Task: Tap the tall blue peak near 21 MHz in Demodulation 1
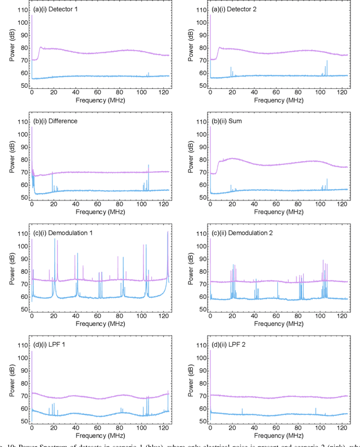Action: pos(55,239)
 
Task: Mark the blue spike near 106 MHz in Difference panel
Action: pos(148,166)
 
